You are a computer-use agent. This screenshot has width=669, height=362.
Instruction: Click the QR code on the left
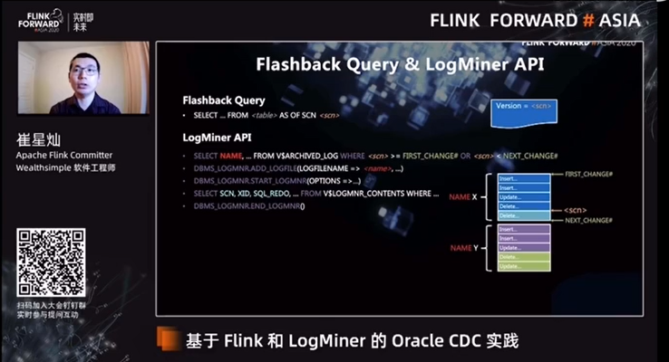(x=51, y=263)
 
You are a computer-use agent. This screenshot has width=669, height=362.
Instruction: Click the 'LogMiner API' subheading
(x=217, y=137)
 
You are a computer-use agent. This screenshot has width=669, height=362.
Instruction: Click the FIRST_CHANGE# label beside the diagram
(x=588, y=173)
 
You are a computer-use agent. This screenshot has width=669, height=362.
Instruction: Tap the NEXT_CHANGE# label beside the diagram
(x=588, y=221)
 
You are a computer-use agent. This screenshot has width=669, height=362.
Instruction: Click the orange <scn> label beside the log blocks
(x=575, y=209)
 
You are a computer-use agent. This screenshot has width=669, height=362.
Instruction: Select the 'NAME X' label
(x=462, y=195)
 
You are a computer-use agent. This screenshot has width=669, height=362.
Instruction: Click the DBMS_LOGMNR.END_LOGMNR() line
(x=249, y=206)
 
